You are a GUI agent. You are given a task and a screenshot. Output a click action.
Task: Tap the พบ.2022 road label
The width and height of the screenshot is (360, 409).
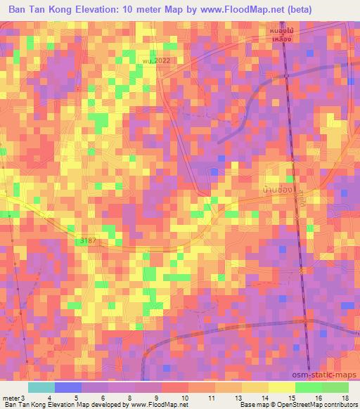157,60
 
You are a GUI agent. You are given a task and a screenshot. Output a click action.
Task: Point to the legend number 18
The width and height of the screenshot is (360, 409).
345,398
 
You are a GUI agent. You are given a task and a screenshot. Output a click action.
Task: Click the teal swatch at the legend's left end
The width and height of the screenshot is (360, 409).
41,387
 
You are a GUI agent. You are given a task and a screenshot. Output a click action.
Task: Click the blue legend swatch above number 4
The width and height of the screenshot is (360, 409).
68,387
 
